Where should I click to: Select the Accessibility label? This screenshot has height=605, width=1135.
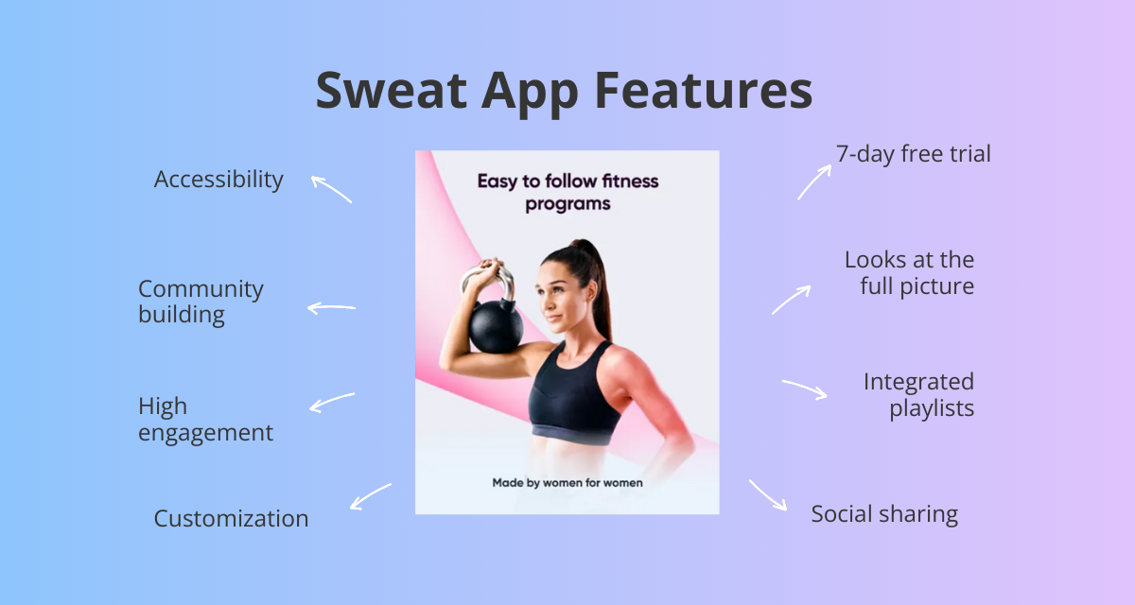tap(218, 179)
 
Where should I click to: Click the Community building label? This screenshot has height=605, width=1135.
tap(201, 302)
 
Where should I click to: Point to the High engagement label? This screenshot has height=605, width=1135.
tap(205, 420)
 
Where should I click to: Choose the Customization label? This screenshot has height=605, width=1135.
tap(231, 518)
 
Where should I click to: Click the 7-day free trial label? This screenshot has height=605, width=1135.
tap(913, 153)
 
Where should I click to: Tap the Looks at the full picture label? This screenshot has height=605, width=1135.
tap(909, 272)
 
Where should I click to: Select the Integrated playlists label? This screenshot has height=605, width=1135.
tap(918, 395)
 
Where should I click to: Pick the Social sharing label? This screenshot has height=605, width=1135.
tap(884, 514)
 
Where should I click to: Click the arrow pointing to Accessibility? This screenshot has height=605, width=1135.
tap(331, 188)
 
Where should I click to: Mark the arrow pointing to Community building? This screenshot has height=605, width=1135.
tap(331, 307)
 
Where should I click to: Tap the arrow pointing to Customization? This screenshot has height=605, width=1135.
tap(370, 495)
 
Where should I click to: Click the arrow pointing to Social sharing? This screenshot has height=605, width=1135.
tap(768, 494)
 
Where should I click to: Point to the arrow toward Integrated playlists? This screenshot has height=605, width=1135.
tap(805, 389)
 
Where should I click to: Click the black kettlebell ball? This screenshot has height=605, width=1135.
tap(495, 332)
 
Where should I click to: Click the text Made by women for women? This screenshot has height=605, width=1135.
tap(567, 483)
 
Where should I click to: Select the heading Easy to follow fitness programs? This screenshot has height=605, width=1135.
tap(567, 192)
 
